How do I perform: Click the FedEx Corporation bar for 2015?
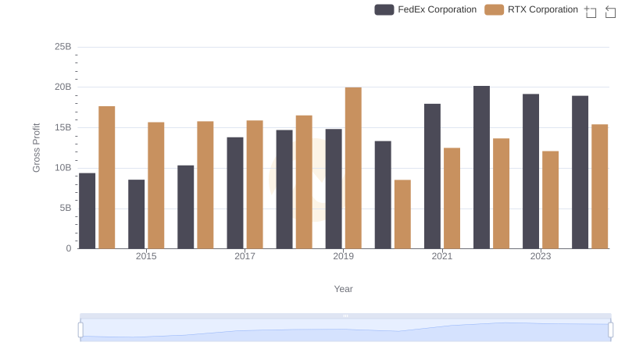[x=137, y=214]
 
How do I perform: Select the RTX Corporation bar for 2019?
[x=353, y=168]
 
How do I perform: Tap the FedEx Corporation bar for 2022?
[x=482, y=167]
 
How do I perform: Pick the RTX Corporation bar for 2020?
[x=402, y=214]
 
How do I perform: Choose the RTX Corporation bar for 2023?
[x=551, y=200]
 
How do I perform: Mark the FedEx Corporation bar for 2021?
[x=432, y=176]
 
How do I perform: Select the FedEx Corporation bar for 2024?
[x=580, y=172]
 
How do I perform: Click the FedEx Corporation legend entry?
[x=426, y=9]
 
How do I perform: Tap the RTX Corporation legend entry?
[x=531, y=9]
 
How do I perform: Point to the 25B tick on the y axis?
[x=62, y=47]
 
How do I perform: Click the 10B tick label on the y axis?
[x=62, y=168]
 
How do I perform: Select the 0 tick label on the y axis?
[x=68, y=248]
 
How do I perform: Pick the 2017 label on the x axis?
[x=245, y=256]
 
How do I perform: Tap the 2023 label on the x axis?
[x=541, y=256]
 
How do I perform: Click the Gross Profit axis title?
[x=36, y=148]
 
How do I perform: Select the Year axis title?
[x=344, y=289]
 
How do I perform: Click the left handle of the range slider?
[x=80, y=330]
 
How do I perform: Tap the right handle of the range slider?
[x=611, y=330]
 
